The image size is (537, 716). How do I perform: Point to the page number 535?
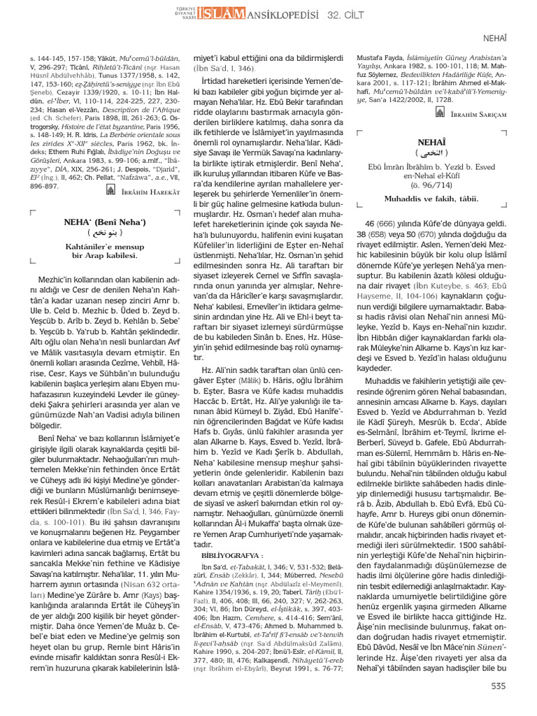coord(499,686)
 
